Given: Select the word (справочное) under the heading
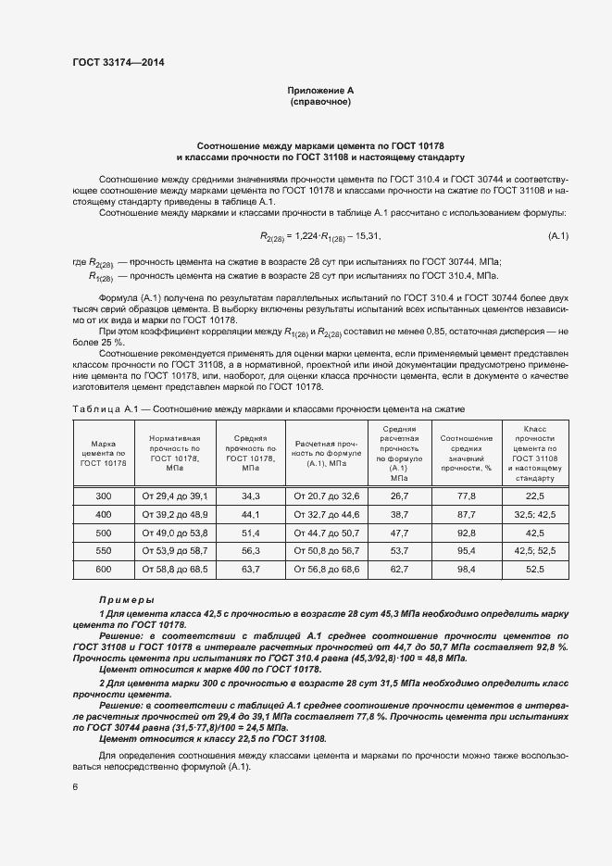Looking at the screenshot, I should tap(320, 102).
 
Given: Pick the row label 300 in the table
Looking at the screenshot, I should tap(103, 496).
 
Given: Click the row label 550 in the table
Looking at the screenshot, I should tap(103, 550).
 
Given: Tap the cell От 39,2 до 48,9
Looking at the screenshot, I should tap(175, 514).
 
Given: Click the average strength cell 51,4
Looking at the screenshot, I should tap(251, 533).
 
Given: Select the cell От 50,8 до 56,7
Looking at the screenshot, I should tap(326, 550).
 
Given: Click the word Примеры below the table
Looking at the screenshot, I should tap(126, 600).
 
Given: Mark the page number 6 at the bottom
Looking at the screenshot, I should tap(75, 787).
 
